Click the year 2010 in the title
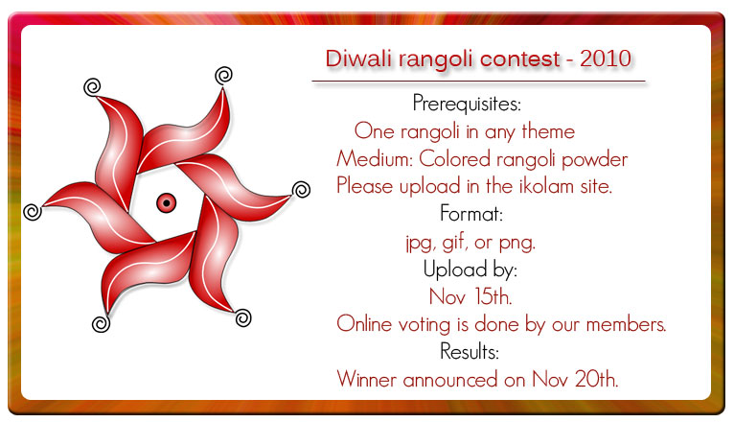[x=606, y=59]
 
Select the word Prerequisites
[x=467, y=104]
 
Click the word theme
[x=548, y=131]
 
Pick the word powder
[x=594, y=160]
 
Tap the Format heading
[x=471, y=214]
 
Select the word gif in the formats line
[x=454, y=243]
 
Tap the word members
[x=626, y=324]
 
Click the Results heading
[x=470, y=351]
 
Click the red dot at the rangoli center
[x=166, y=202]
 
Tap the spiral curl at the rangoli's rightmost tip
[x=301, y=189]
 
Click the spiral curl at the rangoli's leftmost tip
[x=33, y=212]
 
